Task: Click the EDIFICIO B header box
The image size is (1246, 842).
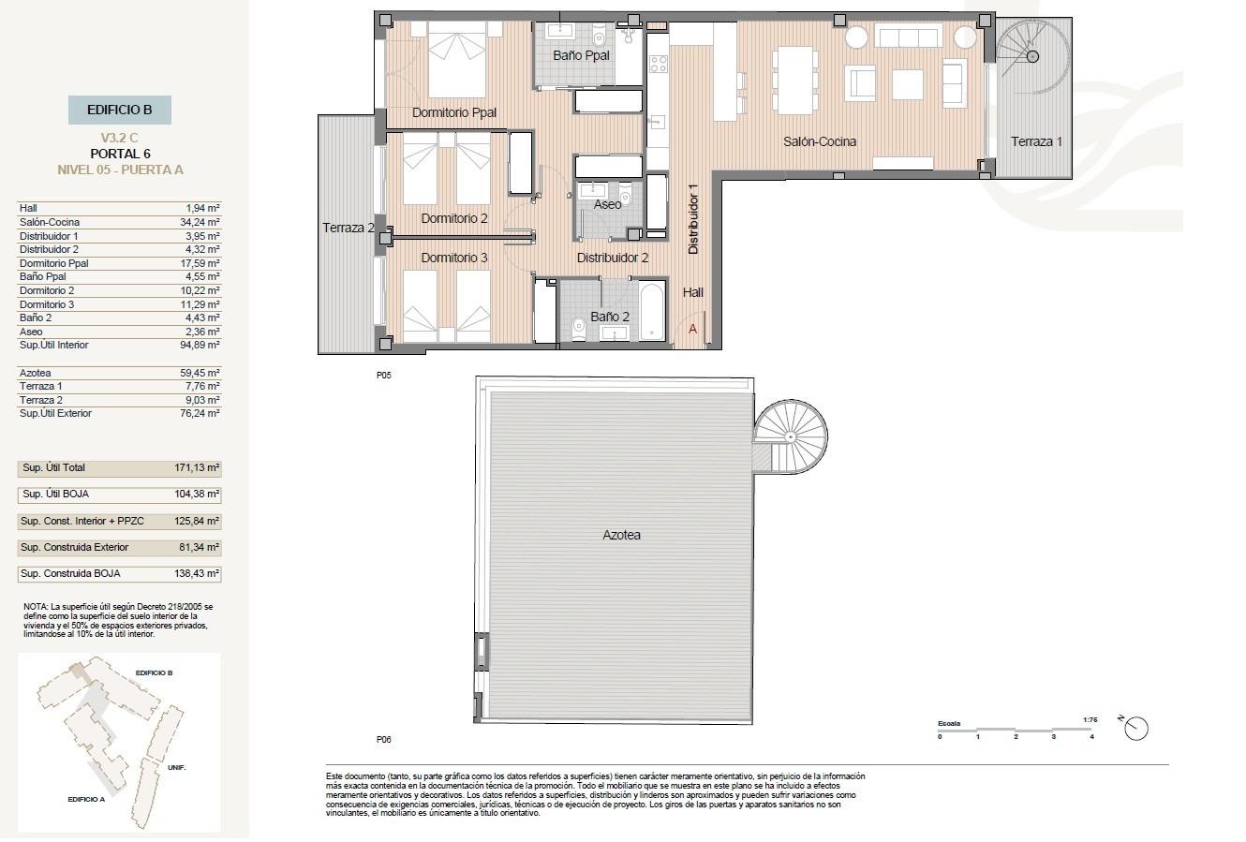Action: tap(119, 110)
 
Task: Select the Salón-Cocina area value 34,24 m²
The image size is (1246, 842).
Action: tap(201, 222)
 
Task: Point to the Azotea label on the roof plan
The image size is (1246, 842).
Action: tap(621, 535)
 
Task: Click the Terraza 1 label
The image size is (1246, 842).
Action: tap(1036, 141)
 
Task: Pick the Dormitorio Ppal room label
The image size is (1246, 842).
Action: tap(453, 113)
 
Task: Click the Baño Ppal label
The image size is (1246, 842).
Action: tap(581, 55)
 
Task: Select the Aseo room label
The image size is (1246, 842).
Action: tap(607, 204)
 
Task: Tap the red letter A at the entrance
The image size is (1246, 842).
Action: tap(692, 329)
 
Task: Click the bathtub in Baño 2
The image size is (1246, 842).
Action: tap(652, 312)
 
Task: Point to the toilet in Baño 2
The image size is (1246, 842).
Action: tap(577, 327)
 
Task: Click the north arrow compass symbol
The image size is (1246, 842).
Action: tap(1137, 727)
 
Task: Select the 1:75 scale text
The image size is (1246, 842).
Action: tap(1090, 720)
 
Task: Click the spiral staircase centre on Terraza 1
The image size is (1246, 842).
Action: tap(1031, 57)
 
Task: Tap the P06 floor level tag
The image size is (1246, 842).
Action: tap(382, 739)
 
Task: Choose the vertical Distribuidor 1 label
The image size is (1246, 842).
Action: tap(694, 217)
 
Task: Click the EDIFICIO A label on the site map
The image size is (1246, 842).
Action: tap(86, 799)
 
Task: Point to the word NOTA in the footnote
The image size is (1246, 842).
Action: tap(36, 607)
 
